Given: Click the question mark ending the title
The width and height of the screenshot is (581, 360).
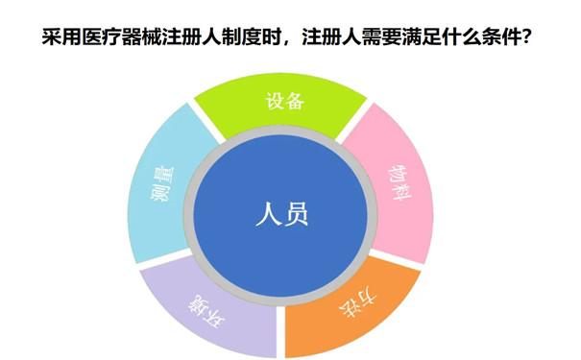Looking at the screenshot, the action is tap(529, 40).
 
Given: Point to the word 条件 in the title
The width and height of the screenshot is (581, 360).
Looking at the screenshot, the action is tap(499, 40).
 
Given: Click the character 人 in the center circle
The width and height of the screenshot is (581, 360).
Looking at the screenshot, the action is tap(268, 213).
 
